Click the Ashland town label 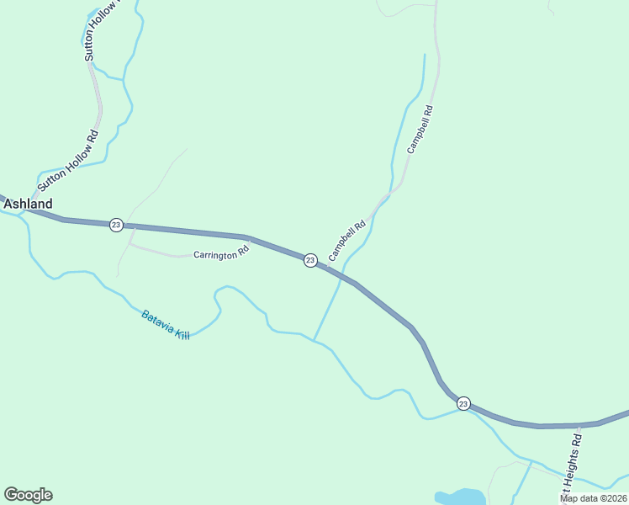(x=28, y=204)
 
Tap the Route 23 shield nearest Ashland (x=116, y=225)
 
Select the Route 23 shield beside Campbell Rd (x=310, y=260)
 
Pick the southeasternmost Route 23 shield (x=463, y=404)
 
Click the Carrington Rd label (x=222, y=252)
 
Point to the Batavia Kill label (x=166, y=325)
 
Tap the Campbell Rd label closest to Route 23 (x=347, y=240)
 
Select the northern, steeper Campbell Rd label (x=420, y=129)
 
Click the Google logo (x=28, y=495)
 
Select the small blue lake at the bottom (x=459, y=497)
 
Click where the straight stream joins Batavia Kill (x=314, y=341)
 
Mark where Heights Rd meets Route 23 (x=580, y=425)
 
